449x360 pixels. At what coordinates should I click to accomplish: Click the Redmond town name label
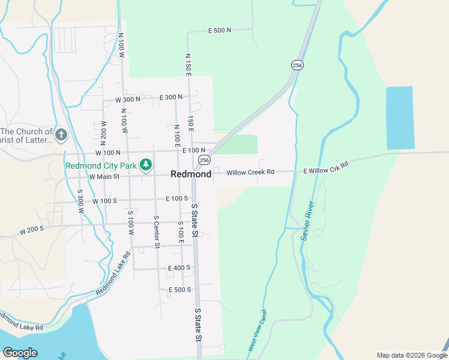pyautogui.click(x=191, y=174)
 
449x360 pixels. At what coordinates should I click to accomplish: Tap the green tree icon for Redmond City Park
pyautogui.click(x=145, y=164)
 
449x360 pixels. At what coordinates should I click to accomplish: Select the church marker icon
pyautogui.click(x=61, y=135)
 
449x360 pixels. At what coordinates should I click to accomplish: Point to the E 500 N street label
pyautogui.click(x=220, y=30)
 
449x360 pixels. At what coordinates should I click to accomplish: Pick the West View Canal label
pyautogui.click(x=256, y=331)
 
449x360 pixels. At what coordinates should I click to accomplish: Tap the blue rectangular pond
pyautogui.click(x=400, y=118)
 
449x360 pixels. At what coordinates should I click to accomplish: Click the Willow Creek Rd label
pyautogui.click(x=250, y=172)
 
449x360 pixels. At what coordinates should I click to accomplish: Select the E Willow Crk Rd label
pyautogui.click(x=326, y=167)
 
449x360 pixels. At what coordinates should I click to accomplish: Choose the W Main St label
pyautogui.click(x=104, y=176)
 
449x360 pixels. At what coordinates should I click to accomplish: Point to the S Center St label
pyautogui.click(x=157, y=232)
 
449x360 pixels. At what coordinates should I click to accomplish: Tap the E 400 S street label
pyautogui.click(x=179, y=268)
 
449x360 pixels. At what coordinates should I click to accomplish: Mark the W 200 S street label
pyautogui.click(x=32, y=230)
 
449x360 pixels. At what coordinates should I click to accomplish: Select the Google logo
pyautogui.click(x=20, y=353)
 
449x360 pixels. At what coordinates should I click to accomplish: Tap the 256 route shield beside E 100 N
pyautogui.click(x=205, y=160)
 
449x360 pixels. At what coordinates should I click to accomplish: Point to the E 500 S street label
pyautogui.click(x=179, y=290)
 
